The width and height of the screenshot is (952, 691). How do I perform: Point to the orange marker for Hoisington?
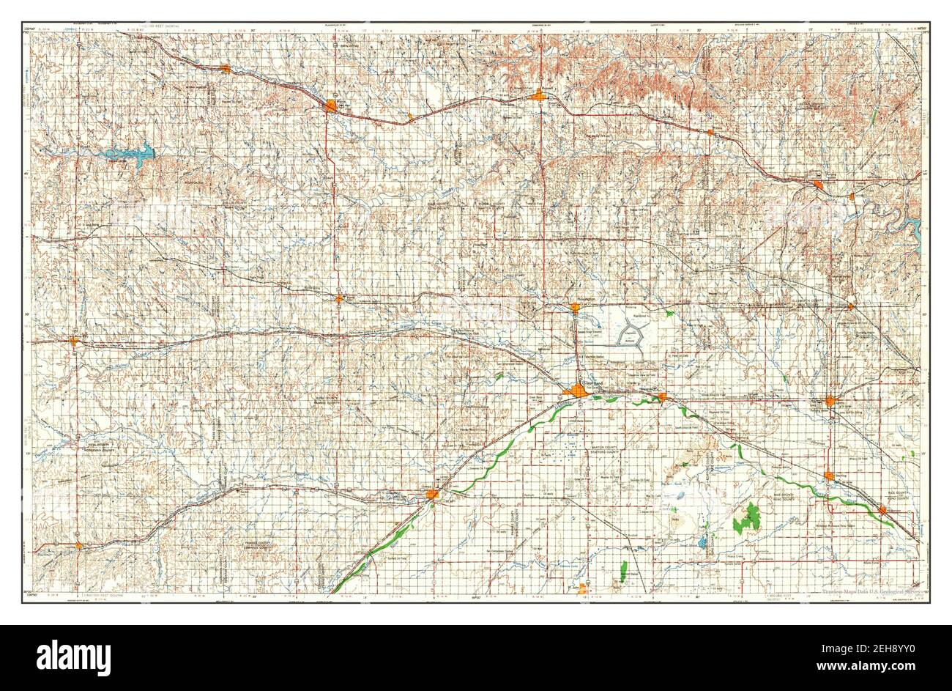575,308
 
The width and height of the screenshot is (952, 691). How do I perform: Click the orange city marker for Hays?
331,107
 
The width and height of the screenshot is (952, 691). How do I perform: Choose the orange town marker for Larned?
432,495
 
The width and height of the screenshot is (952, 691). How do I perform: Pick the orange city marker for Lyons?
830,402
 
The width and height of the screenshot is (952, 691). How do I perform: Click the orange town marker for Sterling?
828,476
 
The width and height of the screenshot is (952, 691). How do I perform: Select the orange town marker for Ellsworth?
818,185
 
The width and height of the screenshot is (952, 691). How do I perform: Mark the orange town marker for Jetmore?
78,544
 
